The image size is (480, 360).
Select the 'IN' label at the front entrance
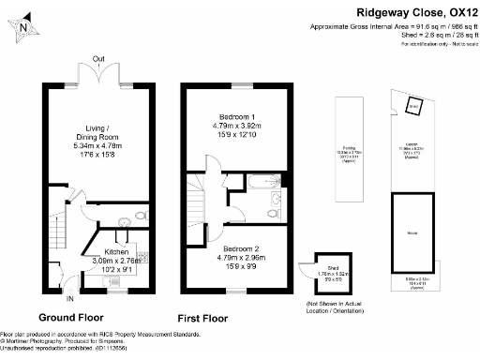point(68,299)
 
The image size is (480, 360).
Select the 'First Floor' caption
point(202,316)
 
